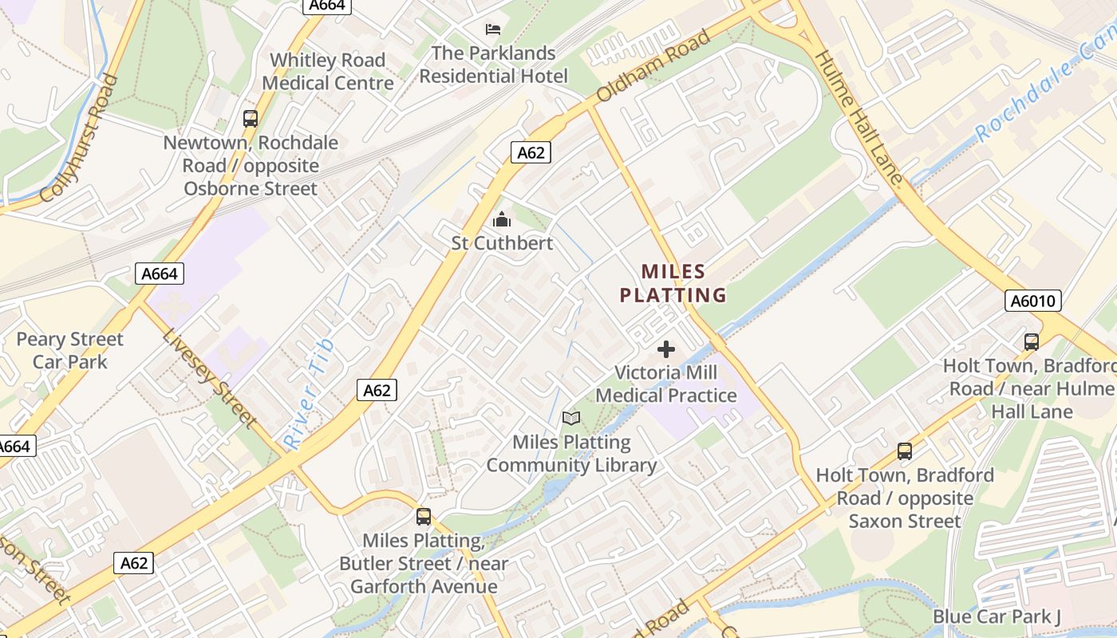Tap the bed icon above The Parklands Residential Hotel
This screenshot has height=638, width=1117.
[x=494, y=30]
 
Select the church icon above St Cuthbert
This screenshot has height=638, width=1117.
[x=502, y=219]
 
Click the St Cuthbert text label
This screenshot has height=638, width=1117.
[x=502, y=242]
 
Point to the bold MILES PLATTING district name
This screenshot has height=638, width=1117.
[x=673, y=283]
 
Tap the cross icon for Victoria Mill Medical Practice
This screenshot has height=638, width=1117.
[x=665, y=349]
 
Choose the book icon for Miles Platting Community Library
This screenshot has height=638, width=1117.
[x=571, y=418]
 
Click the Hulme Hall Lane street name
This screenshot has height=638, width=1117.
[x=859, y=118]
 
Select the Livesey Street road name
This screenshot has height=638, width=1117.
[x=209, y=376]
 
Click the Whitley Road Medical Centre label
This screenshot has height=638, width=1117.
[x=328, y=72]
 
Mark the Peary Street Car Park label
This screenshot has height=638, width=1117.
[x=70, y=350]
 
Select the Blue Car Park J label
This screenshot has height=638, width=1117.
[x=997, y=616]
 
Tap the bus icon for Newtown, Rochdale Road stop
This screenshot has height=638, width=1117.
[x=251, y=119]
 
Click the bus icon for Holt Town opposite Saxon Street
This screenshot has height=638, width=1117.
[x=905, y=451]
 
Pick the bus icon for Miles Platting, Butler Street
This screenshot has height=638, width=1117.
[x=424, y=516]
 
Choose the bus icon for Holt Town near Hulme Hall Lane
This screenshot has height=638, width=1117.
[x=1032, y=342]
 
